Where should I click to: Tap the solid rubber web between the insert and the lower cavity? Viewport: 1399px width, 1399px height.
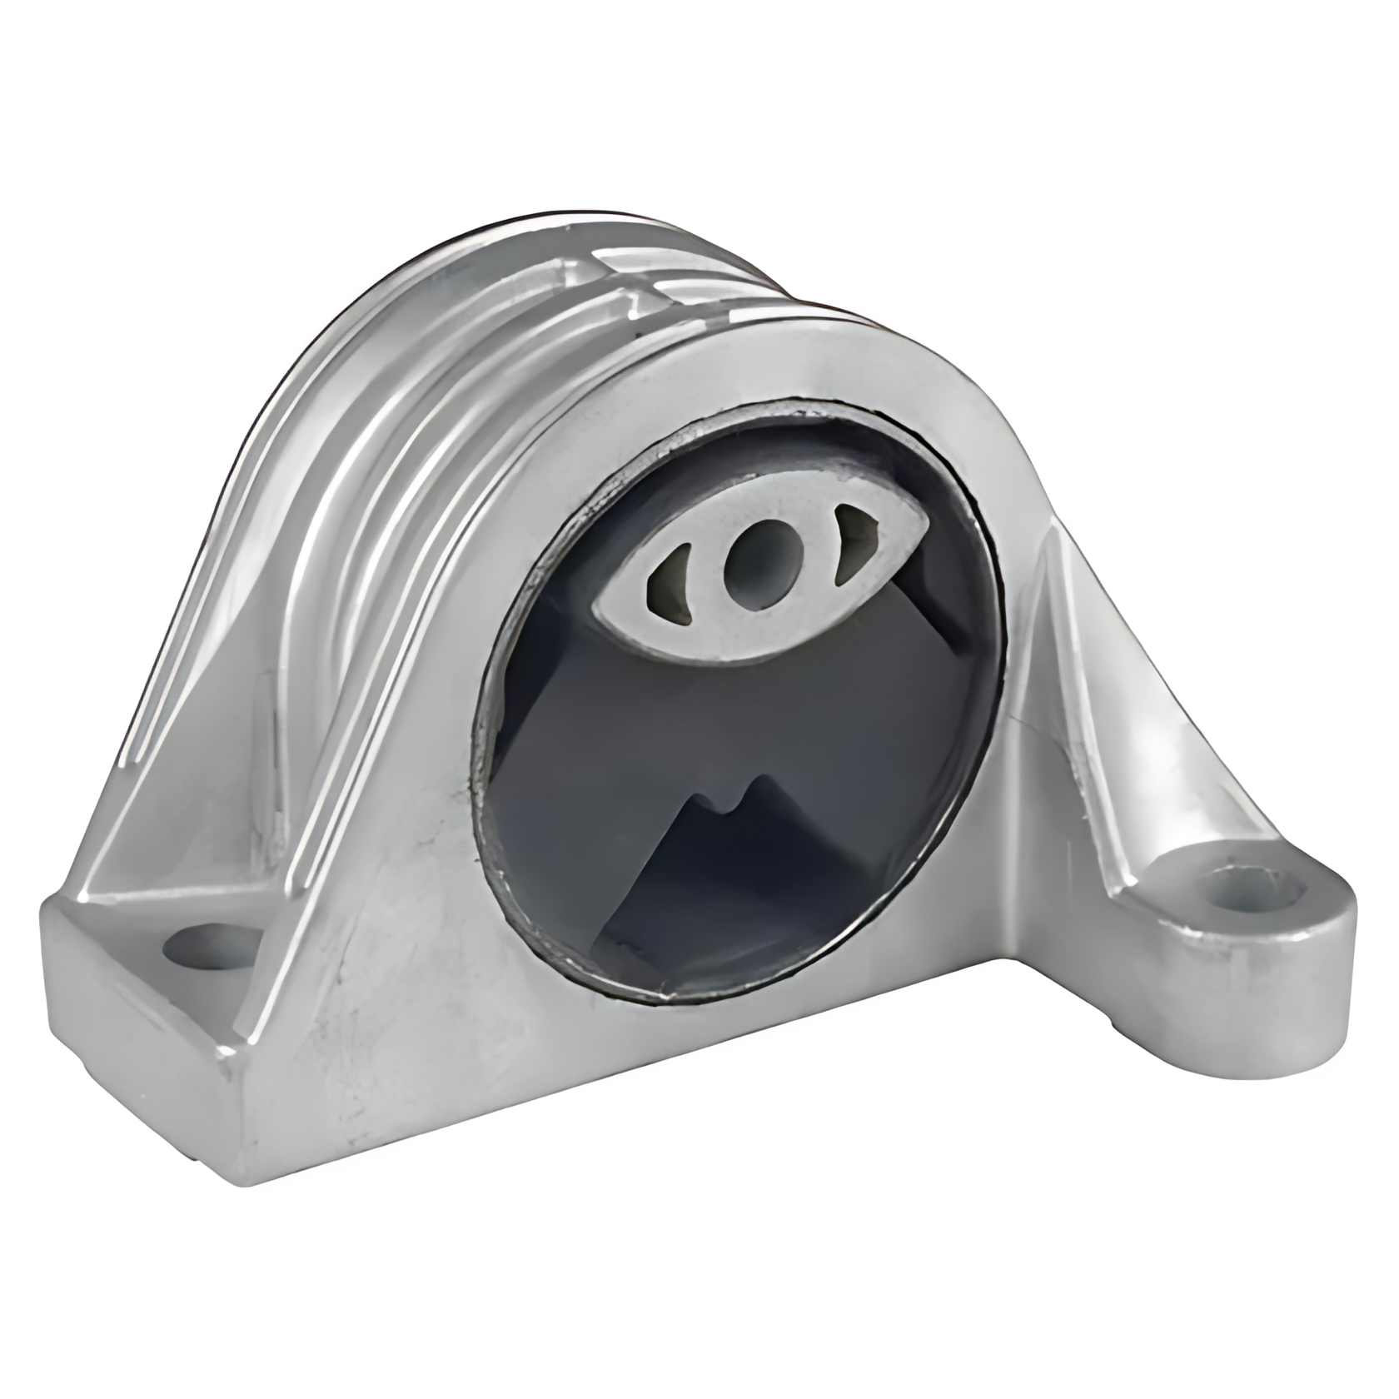(x=749, y=716)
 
